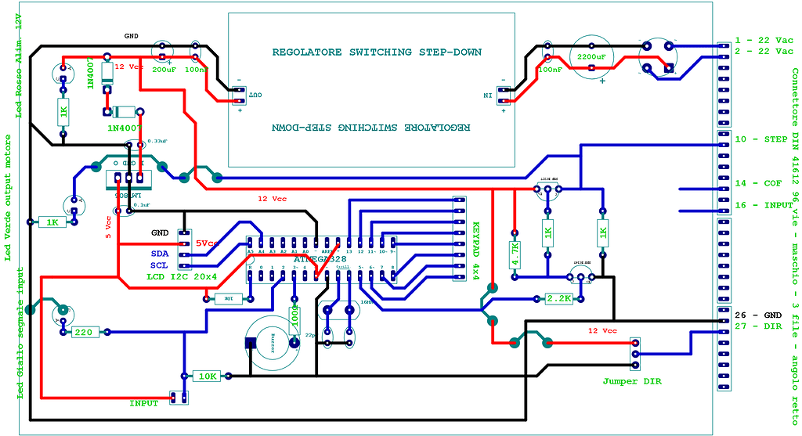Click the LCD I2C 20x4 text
(181, 278)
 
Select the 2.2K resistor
(559, 299)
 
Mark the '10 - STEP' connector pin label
(761, 139)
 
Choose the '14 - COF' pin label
(758, 183)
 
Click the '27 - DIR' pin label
(758, 326)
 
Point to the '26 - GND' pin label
(758, 314)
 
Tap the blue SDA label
(161, 254)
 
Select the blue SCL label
(161, 265)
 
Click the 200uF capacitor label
(164, 70)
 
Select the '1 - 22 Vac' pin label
(764, 41)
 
